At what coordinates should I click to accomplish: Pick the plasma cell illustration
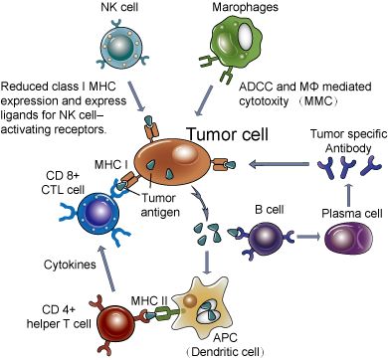pyautogui.click(x=348, y=237)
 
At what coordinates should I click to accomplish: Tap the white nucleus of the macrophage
pyautogui.click(x=246, y=34)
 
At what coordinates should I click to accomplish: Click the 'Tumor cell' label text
pyautogui.click(x=228, y=134)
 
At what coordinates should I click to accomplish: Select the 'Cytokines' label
pyautogui.click(x=70, y=265)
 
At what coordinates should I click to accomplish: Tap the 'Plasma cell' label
pyautogui.click(x=352, y=213)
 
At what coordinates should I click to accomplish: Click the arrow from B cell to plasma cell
pyautogui.click(x=308, y=237)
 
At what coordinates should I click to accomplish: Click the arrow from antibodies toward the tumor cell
pyautogui.click(x=279, y=164)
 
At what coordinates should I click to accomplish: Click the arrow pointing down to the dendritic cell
pyautogui.click(x=207, y=263)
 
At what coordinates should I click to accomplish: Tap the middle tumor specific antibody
pyautogui.click(x=347, y=167)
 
